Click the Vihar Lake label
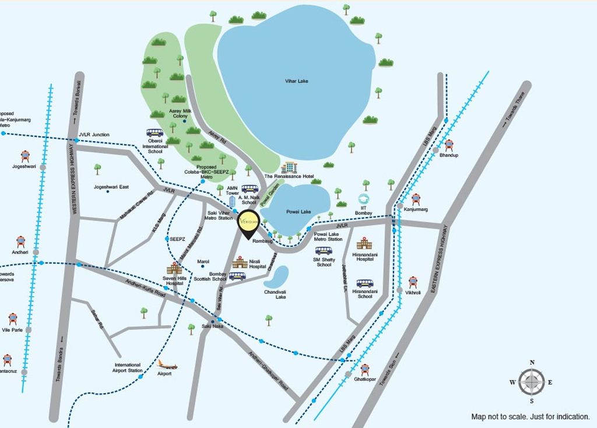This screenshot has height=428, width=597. [296, 81]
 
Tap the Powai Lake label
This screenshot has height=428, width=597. [298, 212]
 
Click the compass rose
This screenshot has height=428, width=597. [532, 382]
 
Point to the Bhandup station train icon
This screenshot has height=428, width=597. [449, 145]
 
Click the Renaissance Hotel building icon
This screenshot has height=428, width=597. [289, 168]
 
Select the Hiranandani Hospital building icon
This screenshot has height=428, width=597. [364, 243]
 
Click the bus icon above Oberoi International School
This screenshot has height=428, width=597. [154, 132]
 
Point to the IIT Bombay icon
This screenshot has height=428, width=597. [364, 199]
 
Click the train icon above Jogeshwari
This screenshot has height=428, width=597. [25, 156]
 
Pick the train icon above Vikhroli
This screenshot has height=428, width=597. [413, 282]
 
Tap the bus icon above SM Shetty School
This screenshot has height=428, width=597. [324, 251]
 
